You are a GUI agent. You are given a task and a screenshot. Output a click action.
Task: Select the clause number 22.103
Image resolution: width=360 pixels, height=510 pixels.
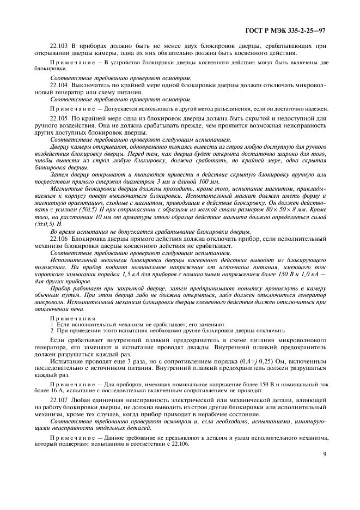coord(59,46)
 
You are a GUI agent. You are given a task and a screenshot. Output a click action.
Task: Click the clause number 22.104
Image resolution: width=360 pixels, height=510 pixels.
coord(59,86)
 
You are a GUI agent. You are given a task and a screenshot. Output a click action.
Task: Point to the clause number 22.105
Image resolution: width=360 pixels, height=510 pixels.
coord(59,118)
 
